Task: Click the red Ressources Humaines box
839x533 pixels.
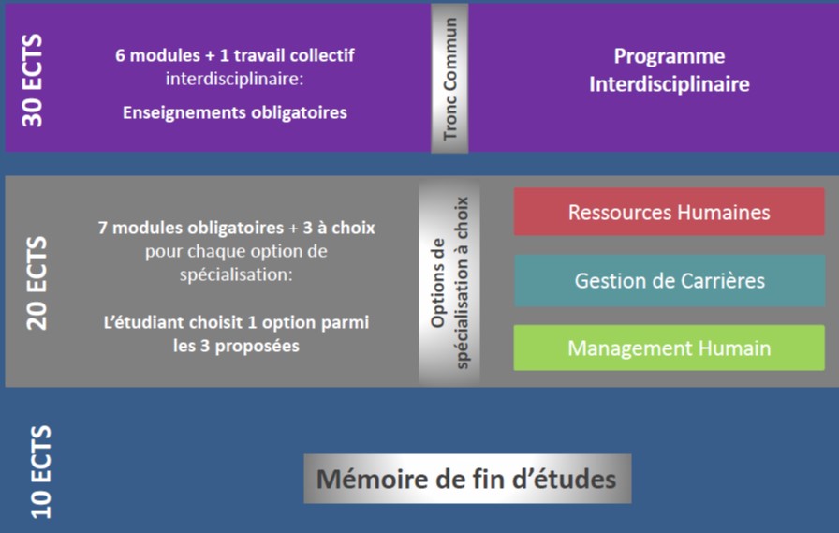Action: click(x=669, y=212)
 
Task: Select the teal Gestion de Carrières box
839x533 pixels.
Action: click(x=670, y=280)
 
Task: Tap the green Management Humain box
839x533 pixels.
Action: click(x=669, y=348)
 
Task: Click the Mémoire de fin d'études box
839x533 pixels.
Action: click(x=467, y=479)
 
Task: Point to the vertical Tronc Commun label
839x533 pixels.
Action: click(x=450, y=79)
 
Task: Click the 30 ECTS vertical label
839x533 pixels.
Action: click(x=32, y=81)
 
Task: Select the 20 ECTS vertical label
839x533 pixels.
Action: click(x=37, y=283)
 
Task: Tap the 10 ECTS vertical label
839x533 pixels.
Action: click(x=40, y=472)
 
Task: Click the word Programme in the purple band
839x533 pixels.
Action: click(x=670, y=56)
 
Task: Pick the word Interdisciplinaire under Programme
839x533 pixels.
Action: click(x=670, y=84)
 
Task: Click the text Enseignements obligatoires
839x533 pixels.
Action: click(x=235, y=112)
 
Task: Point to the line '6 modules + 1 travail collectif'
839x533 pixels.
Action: click(x=235, y=55)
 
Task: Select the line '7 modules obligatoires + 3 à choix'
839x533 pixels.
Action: click(x=237, y=228)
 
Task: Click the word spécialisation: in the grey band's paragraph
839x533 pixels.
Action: click(x=236, y=274)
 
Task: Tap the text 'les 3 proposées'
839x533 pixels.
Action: click(x=236, y=346)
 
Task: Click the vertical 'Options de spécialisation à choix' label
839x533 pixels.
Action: click(x=449, y=283)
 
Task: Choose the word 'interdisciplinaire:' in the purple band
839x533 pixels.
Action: click(x=234, y=80)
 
